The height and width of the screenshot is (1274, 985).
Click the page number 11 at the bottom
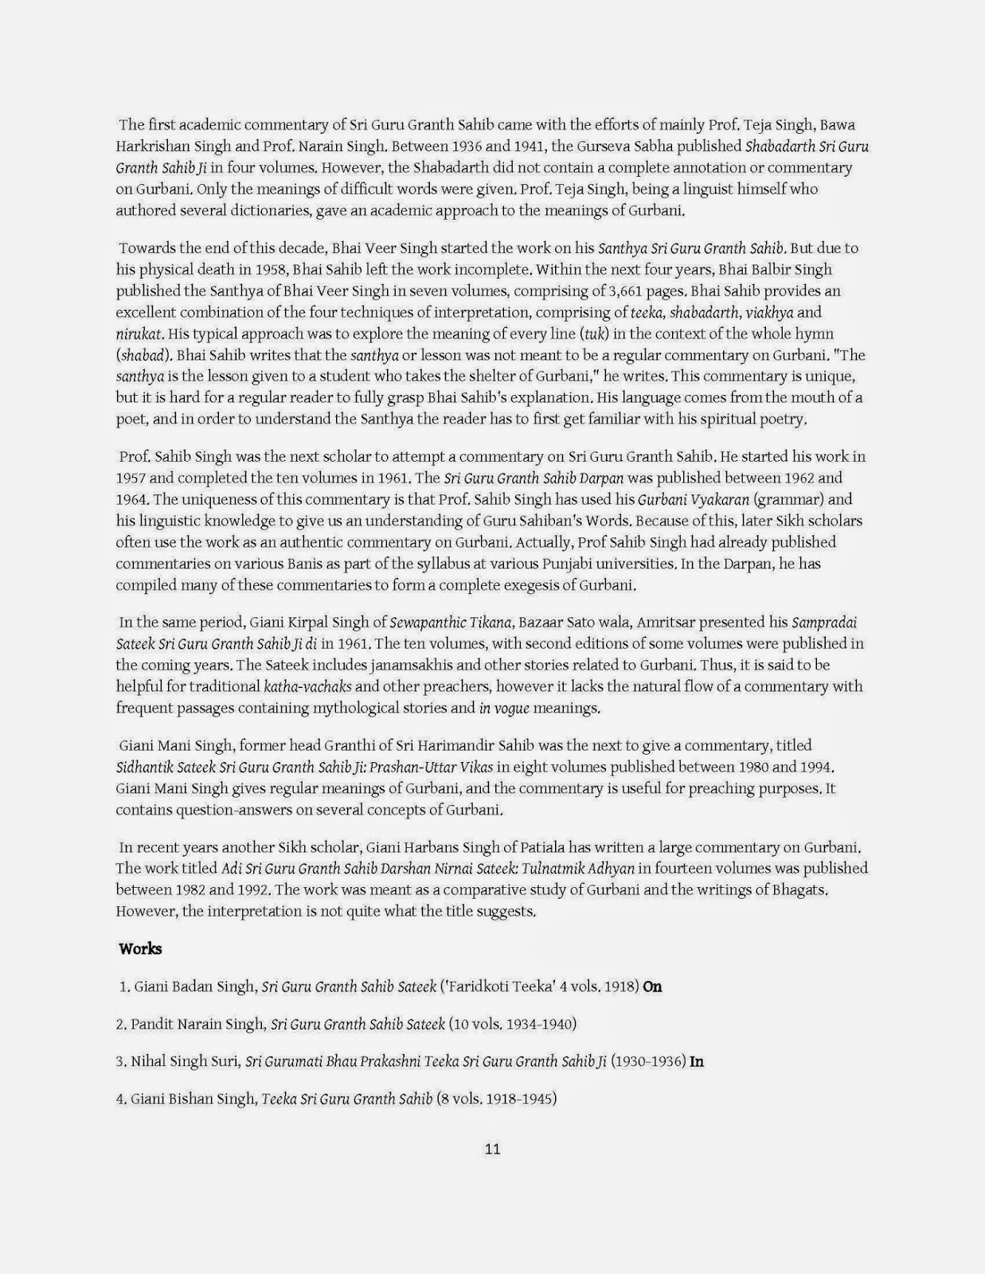coord(492,1149)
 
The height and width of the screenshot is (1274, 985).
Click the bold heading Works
coord(140,948)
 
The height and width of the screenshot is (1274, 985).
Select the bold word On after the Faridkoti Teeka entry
coord(652,987)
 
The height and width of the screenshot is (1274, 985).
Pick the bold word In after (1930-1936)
coord(697,1061)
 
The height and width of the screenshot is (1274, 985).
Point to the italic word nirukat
coord(139,334)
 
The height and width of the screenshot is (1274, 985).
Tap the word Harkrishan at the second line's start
coord(150,147)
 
